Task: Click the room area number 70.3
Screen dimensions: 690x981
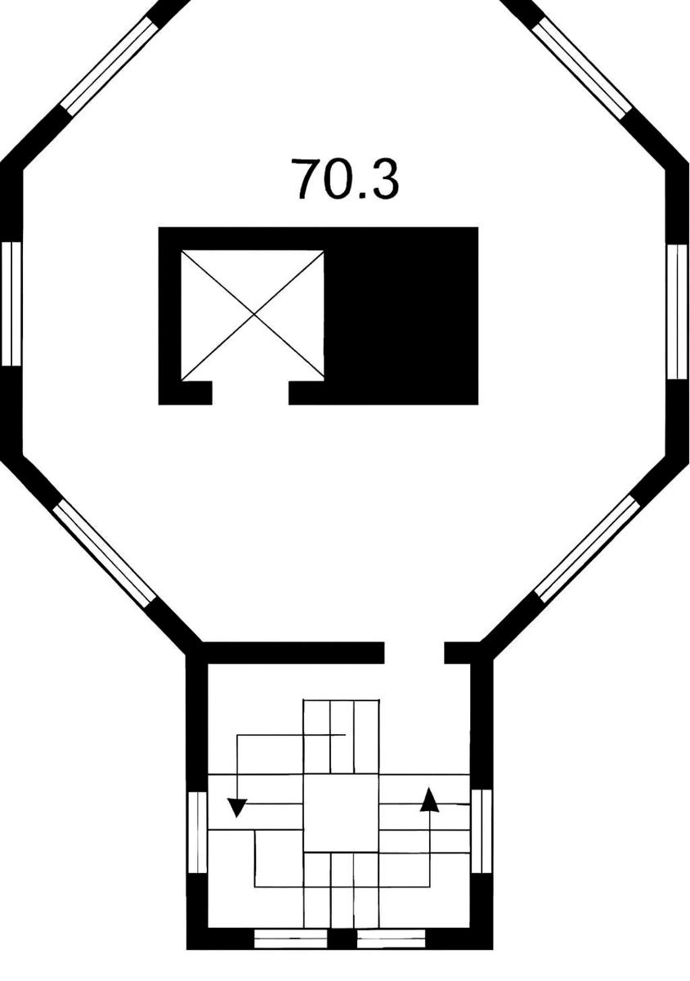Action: click(x=345, y=179)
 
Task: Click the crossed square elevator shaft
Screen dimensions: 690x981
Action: click(x=253, y=315)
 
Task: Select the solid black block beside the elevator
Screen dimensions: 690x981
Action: click(x=401, y=316)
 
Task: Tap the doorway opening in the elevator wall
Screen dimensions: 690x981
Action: click(x=250, y=392)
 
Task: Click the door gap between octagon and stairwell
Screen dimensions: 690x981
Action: click(x=414, y=653)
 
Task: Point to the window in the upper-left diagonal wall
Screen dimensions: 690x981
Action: click(x=109, y=66)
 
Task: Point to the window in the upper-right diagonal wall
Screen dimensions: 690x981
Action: click(x=583, y=69)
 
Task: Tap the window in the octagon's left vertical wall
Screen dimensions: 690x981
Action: click(x=11, y=304)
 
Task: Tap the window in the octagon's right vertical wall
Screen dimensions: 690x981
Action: click(x=677, y=311)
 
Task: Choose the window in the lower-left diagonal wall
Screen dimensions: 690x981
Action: click(x=105, y=554)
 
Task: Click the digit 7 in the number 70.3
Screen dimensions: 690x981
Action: click(x=307, y=179)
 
